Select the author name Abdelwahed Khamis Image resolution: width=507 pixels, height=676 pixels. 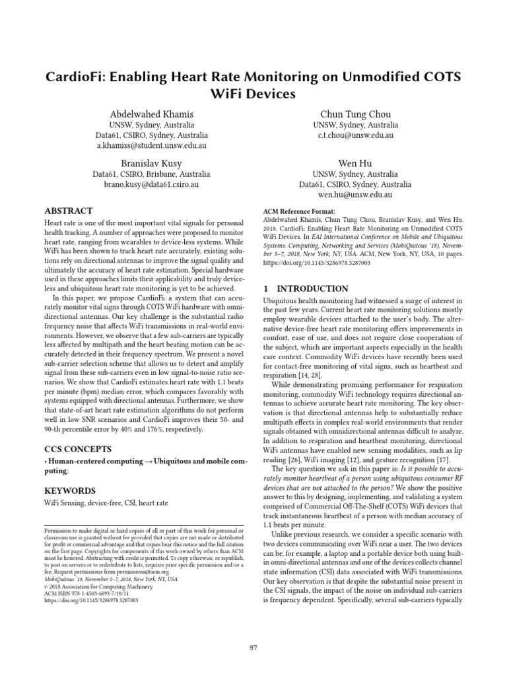click(151, 114)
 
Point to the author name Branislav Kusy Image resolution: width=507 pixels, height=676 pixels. click(151, 162)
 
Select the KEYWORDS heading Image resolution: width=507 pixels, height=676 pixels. click(69, 490)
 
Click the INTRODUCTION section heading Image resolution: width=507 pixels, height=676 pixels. click(306, 288)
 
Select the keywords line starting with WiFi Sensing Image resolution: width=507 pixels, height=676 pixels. click(106, 503)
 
